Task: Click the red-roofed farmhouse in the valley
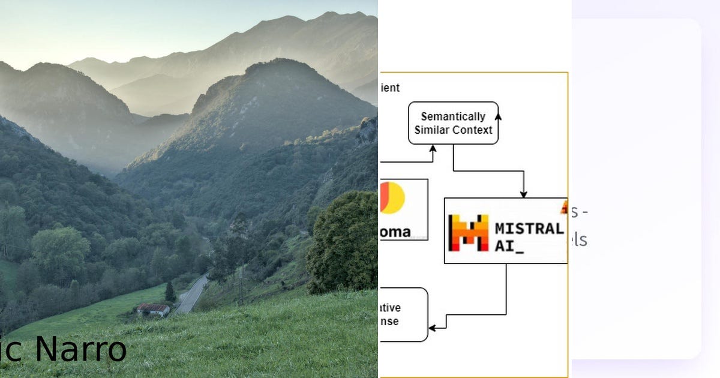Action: (x=153, y=310)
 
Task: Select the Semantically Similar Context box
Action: (x=453, y=123)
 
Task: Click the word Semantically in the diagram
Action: (x=453, y=116)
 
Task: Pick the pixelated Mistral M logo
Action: (x=469, y=232)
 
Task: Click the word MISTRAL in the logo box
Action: (x=529, y=228)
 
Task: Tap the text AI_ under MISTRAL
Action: (x=509, y=246)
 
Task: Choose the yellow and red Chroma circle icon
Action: (x=392, y=197)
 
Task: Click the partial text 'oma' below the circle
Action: (x=395, y=232)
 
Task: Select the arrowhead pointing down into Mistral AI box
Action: (x=523, y=194)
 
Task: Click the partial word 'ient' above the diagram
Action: (x=389, y=88)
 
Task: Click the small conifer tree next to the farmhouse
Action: (x=170, y=292)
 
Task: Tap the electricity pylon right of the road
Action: (x=241, y=284)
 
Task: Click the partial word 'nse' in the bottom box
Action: (x=389, y=322)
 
